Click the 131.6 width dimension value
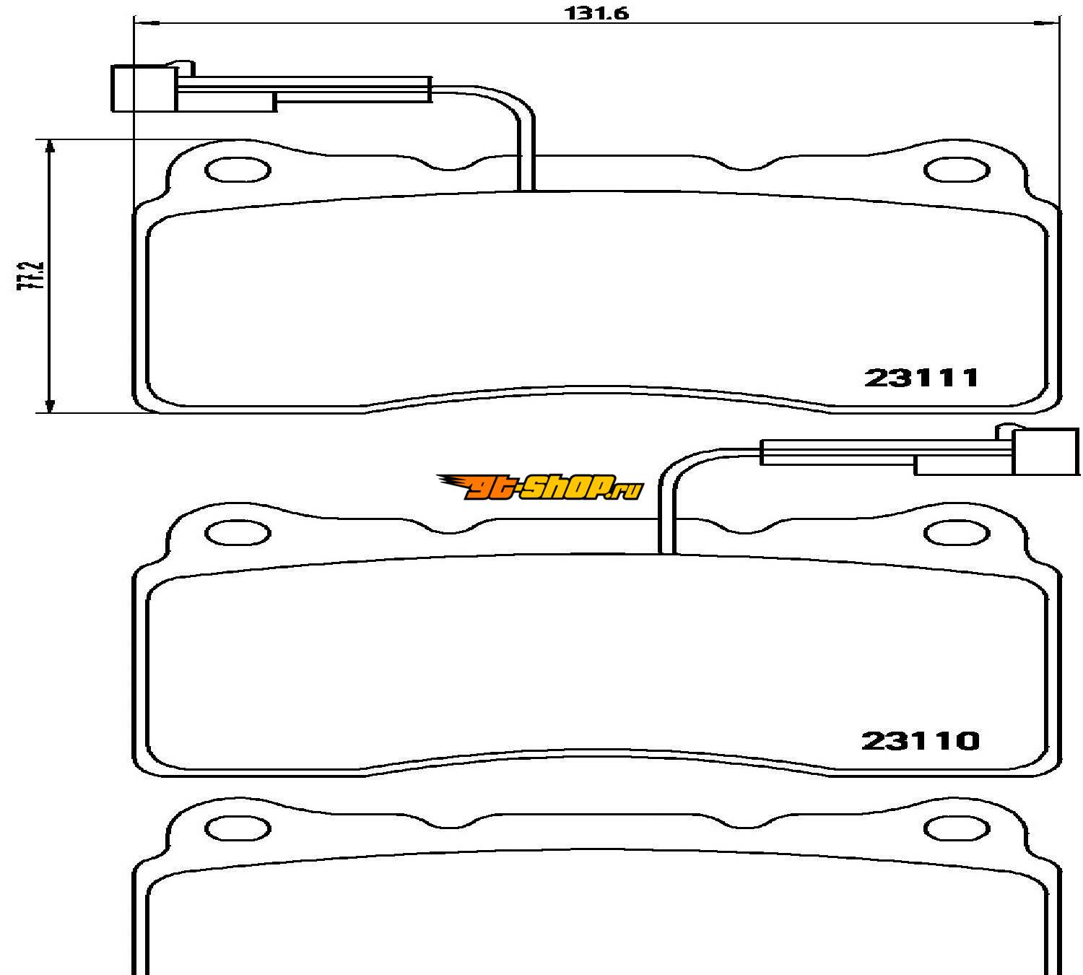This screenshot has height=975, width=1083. click(596, 14)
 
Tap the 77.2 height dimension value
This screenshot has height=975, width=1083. click(30, 276)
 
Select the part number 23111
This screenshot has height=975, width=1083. click(921, 378)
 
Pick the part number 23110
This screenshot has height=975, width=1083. click(921, 741)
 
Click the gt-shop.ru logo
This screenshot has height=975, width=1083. click(540, 487)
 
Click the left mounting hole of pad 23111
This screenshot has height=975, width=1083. click(238, 170)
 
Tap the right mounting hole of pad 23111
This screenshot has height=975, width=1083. click(957, 170)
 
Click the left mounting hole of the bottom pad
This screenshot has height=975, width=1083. click(238, 828)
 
